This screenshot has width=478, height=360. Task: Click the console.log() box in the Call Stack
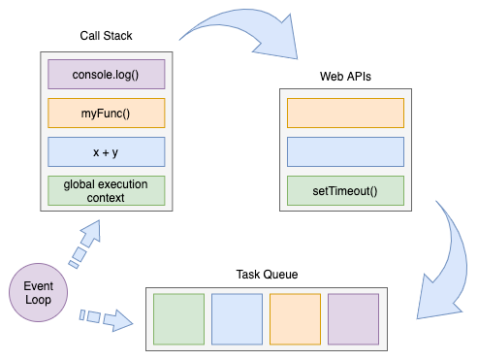pos(107,75)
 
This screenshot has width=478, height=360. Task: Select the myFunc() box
pos(107,114)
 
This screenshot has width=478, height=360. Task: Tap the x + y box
pos(107,151)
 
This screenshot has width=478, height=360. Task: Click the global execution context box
pos(107,190)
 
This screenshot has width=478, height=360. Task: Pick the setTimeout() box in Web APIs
pos(345,190)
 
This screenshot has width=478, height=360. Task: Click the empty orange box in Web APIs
pos(345,113)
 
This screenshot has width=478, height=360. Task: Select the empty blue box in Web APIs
pos(345,151)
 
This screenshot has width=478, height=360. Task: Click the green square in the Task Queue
pos(179,319)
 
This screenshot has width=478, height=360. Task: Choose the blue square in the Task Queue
pos(238,319)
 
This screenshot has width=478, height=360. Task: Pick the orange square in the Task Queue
pos(295,319)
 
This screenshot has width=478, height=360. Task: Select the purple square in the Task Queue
pos(353,319)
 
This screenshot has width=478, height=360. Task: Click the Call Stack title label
pos(106,36)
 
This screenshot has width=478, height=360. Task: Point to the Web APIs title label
pos(345,76)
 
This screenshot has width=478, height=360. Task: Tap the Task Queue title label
pos(267,275)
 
